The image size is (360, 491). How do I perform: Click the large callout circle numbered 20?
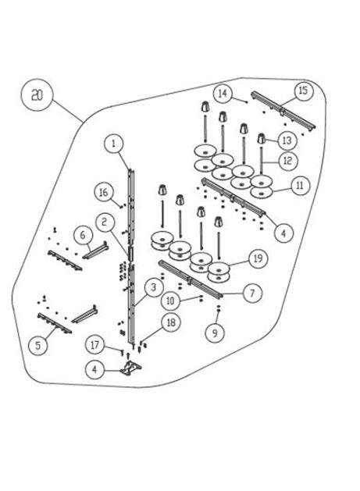click(x=37, y=94)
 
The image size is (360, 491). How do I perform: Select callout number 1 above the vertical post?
click(x=113, y=144)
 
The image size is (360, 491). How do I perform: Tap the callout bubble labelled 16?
click(x=104, y=192)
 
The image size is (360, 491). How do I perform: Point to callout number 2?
click(x=105, y=222)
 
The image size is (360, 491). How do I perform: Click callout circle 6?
click(x=83, y=234)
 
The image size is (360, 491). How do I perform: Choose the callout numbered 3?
click(x=153, y=286)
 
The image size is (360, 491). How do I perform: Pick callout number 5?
click(x=38, y=345)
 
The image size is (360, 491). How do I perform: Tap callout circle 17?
click(x=95, y=344)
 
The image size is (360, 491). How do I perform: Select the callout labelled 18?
click(x=171, y=322)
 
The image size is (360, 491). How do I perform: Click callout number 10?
click(x=170, y=301)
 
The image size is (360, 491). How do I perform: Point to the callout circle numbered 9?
click(x=215, y=333)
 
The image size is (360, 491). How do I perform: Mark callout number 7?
click(x=252, y=293)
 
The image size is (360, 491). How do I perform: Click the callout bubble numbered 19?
click(x=258, y=258)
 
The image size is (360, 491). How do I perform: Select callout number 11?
click(x=300, y=185)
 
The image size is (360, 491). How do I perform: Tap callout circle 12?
click(x=287, y=161)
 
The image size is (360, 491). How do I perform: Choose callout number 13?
click(x=287, y=141)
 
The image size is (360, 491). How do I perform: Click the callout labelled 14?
click(x=223, y=93)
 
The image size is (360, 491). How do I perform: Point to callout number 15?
click(x=303, y=91)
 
